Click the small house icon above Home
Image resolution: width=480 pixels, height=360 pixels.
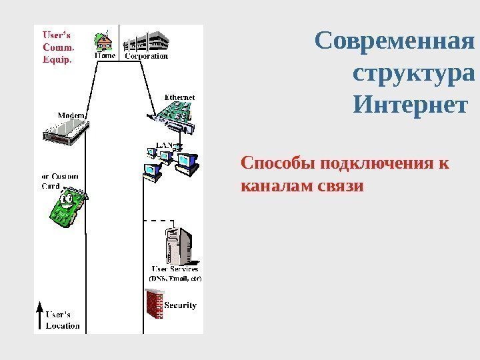coord(105,41)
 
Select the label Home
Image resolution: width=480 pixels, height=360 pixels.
coord(105,57)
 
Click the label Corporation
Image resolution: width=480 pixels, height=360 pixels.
coord(147,57)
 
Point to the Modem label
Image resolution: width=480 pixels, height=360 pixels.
coord(71,115)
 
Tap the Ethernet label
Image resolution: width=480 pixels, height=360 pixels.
coord(179,97)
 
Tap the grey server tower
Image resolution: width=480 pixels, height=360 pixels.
coord(179,245)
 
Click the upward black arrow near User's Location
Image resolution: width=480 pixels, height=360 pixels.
coord(39,317)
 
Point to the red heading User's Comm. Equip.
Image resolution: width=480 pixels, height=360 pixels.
coord(59,45)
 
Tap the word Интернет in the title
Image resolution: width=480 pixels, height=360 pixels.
coord(409,105)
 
